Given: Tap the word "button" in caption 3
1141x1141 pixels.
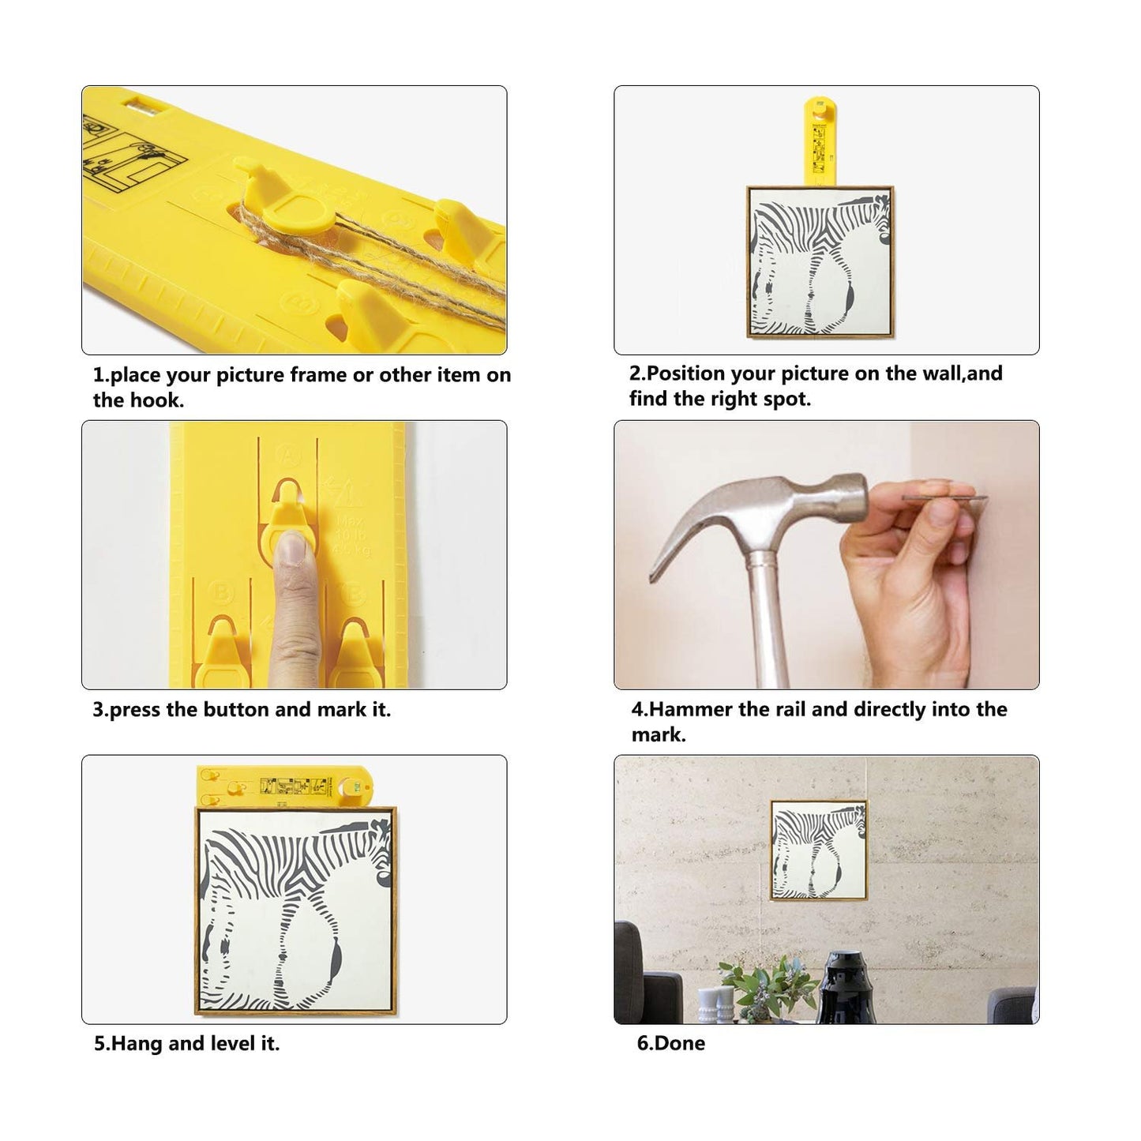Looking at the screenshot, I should point(236,709).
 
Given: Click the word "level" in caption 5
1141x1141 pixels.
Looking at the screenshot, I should point(234,1043).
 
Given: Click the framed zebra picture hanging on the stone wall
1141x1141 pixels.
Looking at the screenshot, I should point(819,850).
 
